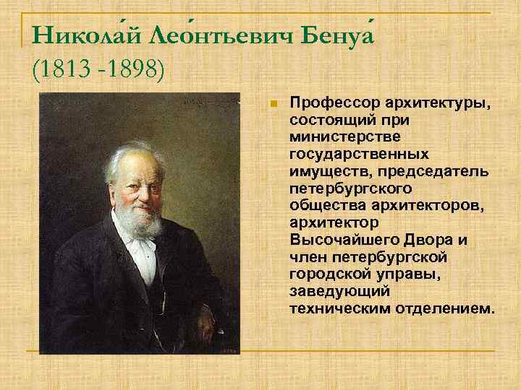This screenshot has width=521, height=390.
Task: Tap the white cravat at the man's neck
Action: (142, 249)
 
